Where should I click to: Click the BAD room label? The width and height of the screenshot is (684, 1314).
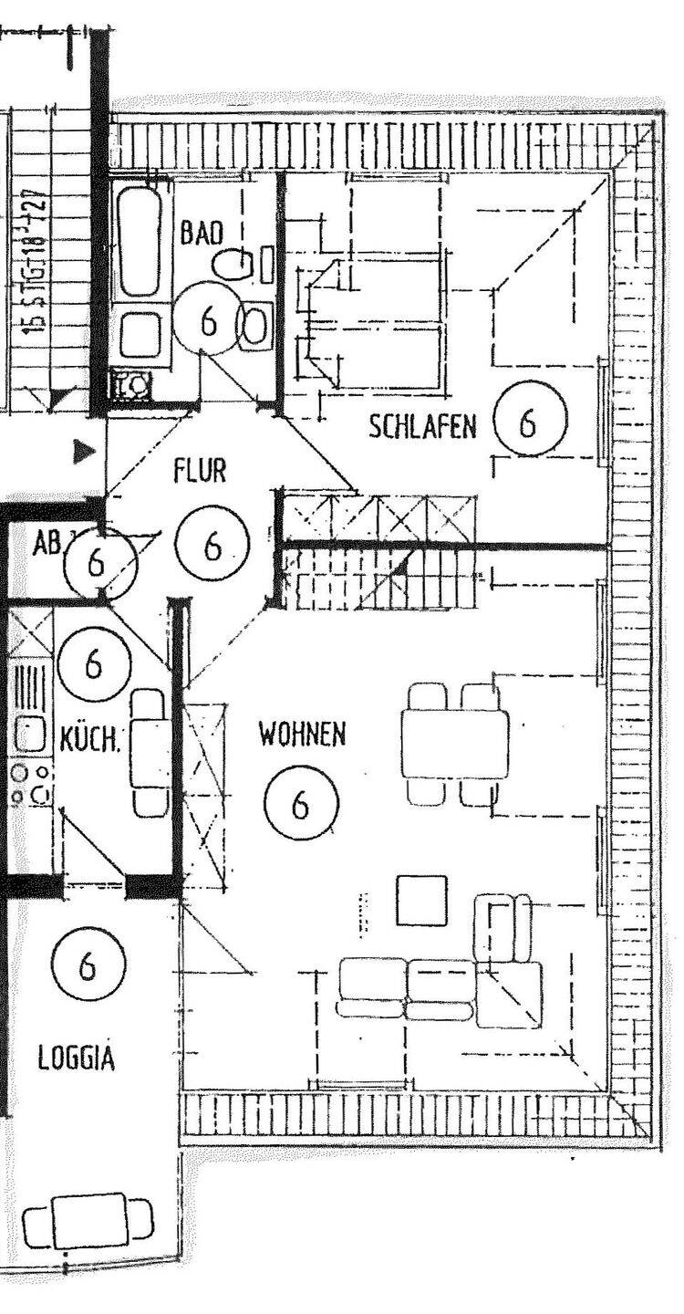point(201,233)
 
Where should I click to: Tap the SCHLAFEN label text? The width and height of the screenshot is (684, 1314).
point(422,426)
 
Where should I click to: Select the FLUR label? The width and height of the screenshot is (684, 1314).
point(199,472)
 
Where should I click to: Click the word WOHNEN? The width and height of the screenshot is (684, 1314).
point(302,734)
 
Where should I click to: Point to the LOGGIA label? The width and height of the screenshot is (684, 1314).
point(77,1058)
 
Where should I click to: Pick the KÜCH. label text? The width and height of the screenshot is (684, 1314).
point(89,739)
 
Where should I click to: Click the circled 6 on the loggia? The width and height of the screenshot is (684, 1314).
point(88,965)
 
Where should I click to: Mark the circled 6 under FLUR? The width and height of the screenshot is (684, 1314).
point(212,546)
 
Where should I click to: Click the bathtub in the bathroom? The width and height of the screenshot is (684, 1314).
point(140,239)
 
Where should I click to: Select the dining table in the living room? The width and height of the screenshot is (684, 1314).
point(454,745)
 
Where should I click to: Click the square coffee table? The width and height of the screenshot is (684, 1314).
point(421,900)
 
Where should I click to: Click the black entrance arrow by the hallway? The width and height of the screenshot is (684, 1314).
point(85,449)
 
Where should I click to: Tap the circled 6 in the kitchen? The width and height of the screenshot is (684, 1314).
point(93,663)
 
